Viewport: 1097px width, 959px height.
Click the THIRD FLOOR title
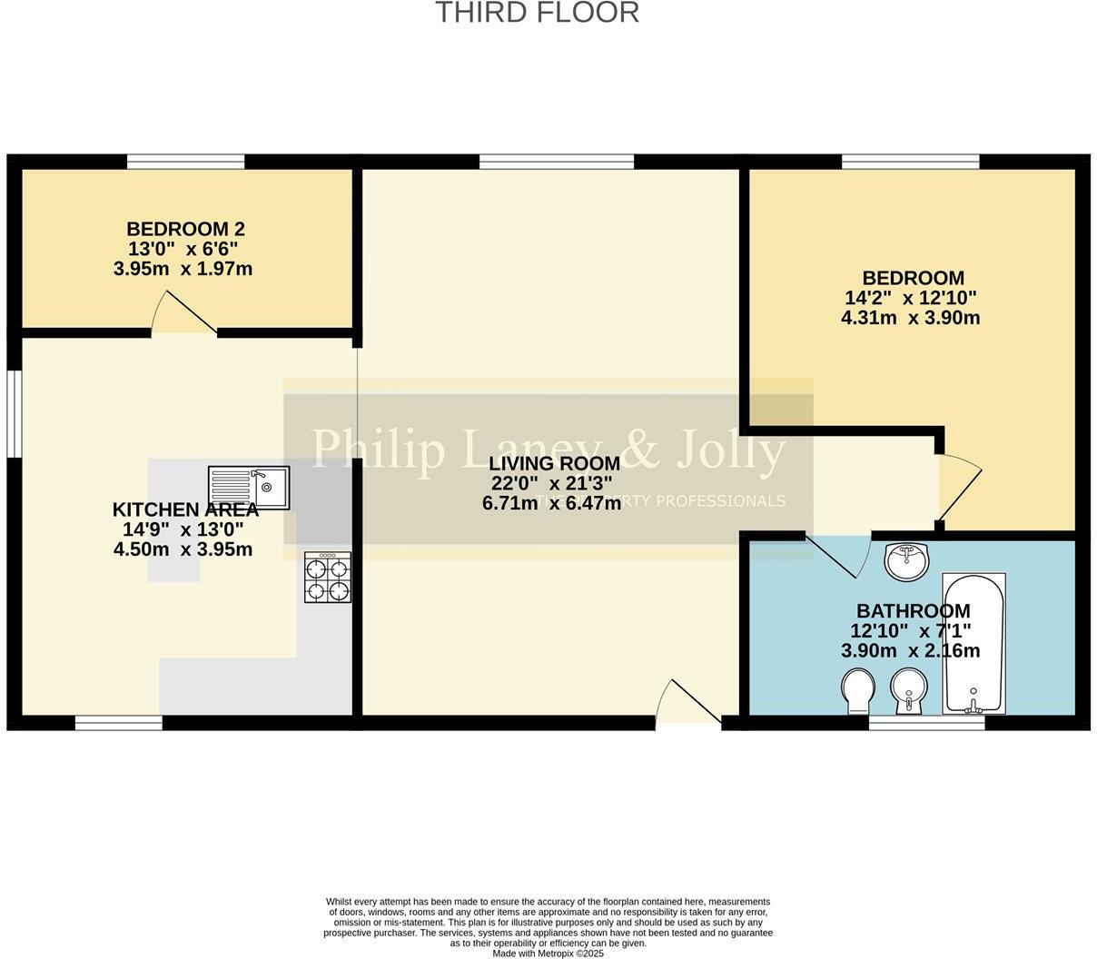tap(537, 13)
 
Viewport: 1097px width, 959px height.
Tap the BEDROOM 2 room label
tap(185, 229)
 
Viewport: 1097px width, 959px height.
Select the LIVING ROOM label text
tap(554, 464)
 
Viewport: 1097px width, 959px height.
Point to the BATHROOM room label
tap(913, 611)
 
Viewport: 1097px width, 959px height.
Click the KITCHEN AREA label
tap(185, 509)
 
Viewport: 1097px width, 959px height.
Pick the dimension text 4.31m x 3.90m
tap(911, 318)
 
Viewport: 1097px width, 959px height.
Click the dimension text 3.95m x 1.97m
tap(183, 269)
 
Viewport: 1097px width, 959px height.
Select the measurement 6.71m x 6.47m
tap(552, 503)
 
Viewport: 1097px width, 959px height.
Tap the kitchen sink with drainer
tap(249, 488)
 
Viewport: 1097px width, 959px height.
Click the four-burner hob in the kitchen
tap(328, 578)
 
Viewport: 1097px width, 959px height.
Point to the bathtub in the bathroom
tap(973, 643)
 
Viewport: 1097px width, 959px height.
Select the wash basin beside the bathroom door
tap(906, 561)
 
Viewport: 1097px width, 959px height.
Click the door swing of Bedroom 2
tap(182, 314)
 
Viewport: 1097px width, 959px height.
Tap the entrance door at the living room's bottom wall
tap(690, 704)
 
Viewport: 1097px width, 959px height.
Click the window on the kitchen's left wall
tap(14, 412)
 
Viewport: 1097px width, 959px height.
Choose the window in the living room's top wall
tap(556, 162)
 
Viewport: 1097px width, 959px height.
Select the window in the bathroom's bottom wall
tap(926, 723)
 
